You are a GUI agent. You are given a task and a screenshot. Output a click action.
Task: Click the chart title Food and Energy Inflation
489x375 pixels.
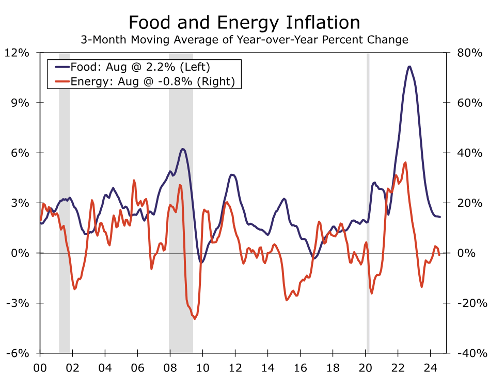coord(244,23)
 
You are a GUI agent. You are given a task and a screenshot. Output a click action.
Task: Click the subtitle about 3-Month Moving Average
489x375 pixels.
coord(244,40)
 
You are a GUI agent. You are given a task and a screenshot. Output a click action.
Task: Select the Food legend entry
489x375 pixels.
coord(140,67)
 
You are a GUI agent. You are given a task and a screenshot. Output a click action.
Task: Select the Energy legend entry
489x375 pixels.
coord(152,81)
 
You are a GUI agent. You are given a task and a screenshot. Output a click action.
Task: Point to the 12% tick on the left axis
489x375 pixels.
coord(18,53)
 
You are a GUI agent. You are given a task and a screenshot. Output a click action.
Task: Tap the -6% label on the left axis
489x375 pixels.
coord(18,353)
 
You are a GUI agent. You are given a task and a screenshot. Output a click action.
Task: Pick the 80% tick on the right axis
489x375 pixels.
coord(470,53)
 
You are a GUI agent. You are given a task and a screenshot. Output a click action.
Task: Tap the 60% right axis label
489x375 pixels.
coord(470,103)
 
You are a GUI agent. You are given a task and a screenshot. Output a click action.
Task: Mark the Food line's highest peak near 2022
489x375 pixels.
coord(409,67)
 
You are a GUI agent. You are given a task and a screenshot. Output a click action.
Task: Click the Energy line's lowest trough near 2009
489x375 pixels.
coord(195,319)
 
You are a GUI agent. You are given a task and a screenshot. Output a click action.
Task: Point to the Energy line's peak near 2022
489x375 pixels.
coord(405,162)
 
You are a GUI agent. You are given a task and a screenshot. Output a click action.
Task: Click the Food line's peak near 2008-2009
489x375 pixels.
coord(183,149)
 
